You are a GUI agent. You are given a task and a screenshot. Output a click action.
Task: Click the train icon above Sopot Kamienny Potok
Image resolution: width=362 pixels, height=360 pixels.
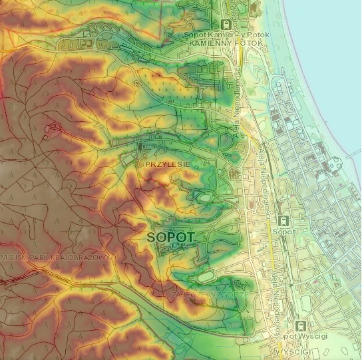click(226, 23)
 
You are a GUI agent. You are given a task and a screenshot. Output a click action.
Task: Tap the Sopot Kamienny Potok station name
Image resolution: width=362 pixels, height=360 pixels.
click(226, 34)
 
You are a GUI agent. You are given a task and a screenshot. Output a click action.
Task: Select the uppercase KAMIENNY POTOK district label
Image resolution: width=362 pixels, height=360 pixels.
click(226, 43)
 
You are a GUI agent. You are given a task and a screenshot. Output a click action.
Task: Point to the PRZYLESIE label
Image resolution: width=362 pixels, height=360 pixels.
click(164, 163)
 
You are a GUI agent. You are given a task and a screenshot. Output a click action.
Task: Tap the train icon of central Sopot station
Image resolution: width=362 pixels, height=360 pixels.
click(284, 220)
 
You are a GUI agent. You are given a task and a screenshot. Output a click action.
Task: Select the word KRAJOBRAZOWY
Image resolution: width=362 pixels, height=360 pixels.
click(88, 256)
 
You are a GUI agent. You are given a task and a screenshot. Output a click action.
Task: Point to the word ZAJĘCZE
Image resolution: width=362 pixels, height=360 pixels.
click(184, 293)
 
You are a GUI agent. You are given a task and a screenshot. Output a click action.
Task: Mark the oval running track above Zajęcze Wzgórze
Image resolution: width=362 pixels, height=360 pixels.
click(207, 275)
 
